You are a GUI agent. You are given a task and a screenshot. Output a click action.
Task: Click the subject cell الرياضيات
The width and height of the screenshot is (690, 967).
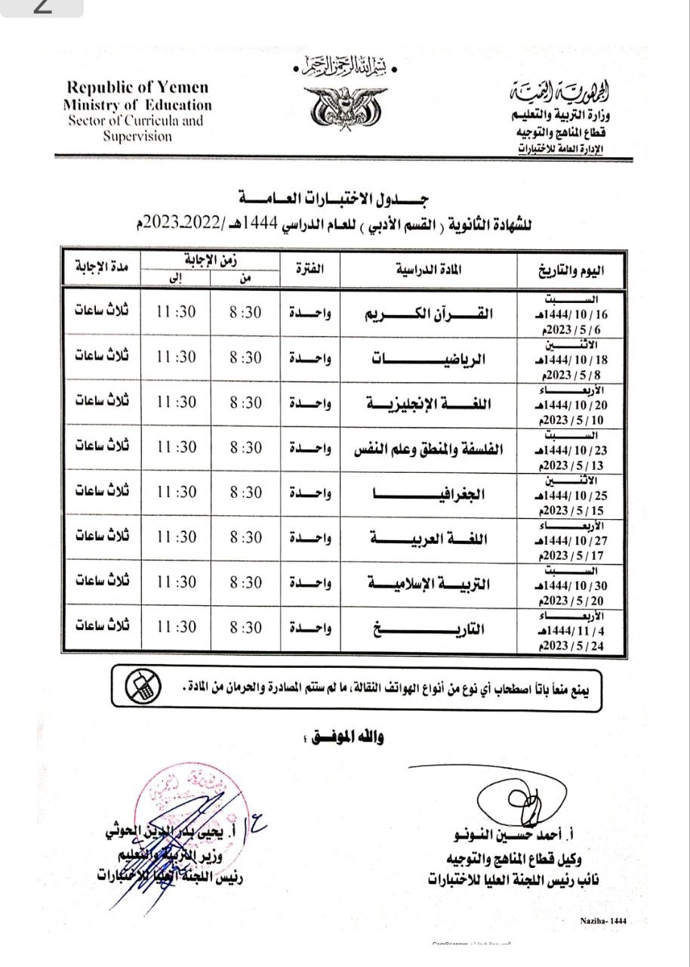coord(428,359)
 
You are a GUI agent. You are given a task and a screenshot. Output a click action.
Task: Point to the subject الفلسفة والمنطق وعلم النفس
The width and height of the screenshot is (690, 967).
coord(429,449)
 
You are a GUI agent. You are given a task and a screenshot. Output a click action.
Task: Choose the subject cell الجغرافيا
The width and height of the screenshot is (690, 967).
coord(429,493)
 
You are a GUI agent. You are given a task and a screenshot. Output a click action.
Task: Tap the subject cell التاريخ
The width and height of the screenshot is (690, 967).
coord(429,628)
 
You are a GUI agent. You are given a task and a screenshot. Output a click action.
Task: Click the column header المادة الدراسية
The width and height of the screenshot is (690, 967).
coord(429,269)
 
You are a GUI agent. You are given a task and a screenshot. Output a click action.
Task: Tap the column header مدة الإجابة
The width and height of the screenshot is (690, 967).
coord(102,267)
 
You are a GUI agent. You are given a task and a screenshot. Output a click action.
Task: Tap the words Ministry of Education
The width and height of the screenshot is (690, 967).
coord(137,105)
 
